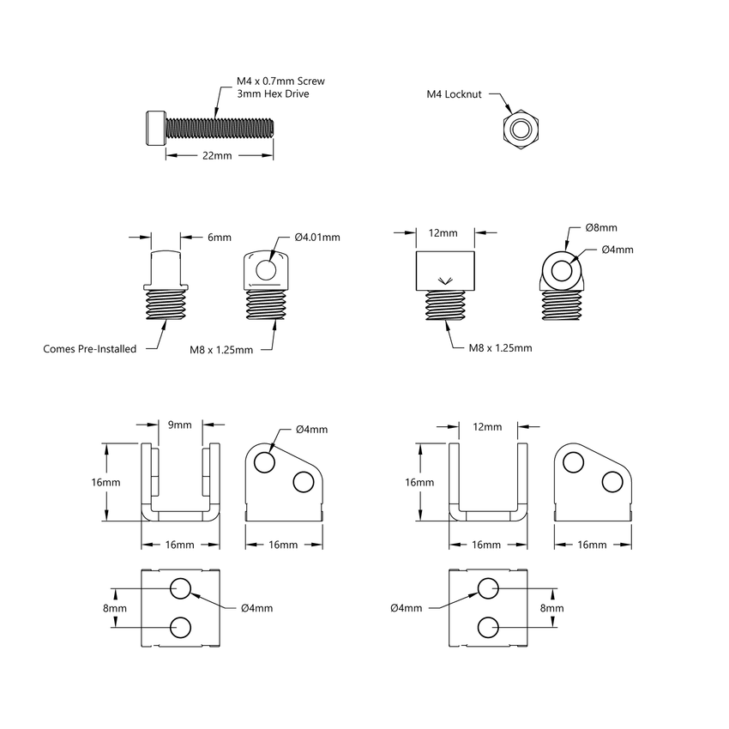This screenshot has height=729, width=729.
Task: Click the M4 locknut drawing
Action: point(520,130)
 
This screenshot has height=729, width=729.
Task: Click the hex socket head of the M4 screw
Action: point(154,126)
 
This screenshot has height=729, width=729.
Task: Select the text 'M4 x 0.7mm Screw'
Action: point(280,81)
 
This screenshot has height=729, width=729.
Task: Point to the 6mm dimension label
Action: point(196,237)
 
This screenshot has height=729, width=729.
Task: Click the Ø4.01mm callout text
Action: point(316,237)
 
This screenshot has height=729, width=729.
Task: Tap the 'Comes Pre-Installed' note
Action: point(89,349)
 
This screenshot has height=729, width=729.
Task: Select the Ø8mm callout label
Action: point(601,228)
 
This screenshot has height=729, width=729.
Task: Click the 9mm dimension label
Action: point(180,424)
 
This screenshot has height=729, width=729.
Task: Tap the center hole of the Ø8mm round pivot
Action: point(563,271)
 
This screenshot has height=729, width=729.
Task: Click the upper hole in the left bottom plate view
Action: point(180,588)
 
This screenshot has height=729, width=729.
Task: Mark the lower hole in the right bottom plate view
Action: point(488,626)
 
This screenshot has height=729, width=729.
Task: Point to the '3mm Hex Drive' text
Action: point(273,93)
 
